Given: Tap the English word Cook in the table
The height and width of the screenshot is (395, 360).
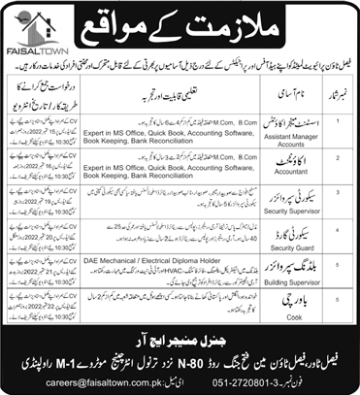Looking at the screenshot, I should (278, 328).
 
